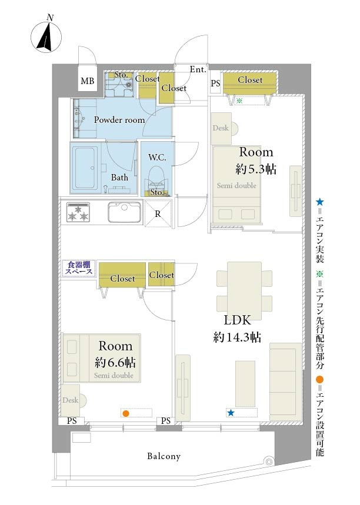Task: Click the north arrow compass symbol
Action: (46, 35)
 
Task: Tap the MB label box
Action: (87, 81)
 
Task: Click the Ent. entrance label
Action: (198, 69)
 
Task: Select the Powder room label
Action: (119, 120)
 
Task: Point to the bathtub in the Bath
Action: (85, 168)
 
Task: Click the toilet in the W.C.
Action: (156, 180)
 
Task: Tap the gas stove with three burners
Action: (78, 212)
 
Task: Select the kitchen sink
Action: (124, 212)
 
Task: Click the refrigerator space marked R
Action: (158, 213)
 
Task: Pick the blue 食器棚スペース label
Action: (79, 268)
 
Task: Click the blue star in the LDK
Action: (231, 413)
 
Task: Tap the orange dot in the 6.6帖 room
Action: (126, 413)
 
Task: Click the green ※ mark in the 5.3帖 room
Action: (239, 101)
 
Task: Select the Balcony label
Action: (164, 456)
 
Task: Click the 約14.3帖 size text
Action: (237, 337)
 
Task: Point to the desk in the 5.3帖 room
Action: (222, 129)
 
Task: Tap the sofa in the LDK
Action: (285, 382)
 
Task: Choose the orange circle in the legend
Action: (319, 379)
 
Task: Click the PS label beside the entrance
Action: (215, 83)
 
